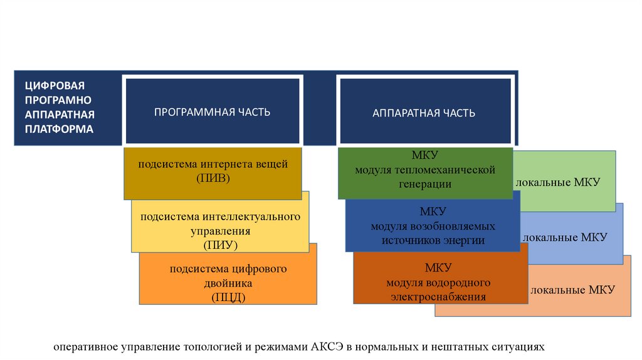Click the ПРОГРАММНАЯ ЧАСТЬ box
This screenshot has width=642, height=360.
(213, 112)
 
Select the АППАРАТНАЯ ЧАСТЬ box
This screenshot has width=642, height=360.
(424, 113)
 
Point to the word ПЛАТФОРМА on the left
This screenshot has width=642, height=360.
(60, 129)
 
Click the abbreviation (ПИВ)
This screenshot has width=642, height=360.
(213, 179)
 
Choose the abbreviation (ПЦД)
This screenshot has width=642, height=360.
(228, 297)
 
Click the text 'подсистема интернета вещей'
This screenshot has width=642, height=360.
(213, 164)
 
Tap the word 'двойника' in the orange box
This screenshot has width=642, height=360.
(228, 283)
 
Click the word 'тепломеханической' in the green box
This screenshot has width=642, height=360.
(453, 170)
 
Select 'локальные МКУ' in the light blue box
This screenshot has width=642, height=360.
(564, 237)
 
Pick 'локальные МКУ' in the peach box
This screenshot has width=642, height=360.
(572, 290)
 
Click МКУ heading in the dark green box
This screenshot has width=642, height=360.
(424, 156)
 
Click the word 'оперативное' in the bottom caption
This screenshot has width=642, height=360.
(81, 346)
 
